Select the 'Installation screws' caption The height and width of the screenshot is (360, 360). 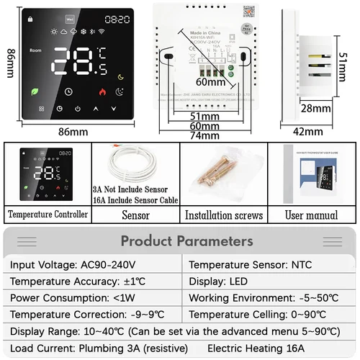[223, 215]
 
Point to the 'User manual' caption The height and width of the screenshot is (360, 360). [311, 215]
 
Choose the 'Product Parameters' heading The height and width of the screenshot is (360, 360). [187, 241]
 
